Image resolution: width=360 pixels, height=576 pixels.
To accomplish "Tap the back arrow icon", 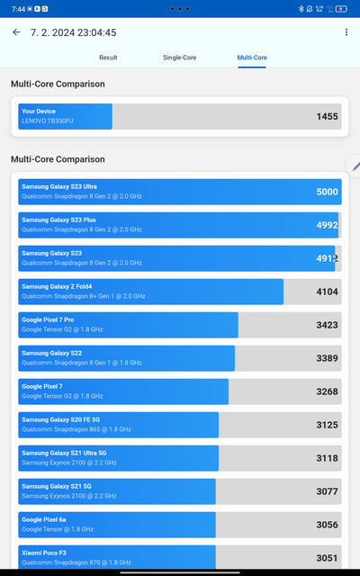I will (16, 32).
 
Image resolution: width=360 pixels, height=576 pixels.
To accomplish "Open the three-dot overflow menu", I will (346, 32).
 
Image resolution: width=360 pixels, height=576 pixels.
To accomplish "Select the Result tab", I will (108, 58).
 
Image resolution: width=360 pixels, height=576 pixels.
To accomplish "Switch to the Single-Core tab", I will (180, 58).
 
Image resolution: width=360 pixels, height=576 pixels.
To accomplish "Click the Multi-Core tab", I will (252, 58).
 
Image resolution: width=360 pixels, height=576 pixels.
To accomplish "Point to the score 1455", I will (327, 117).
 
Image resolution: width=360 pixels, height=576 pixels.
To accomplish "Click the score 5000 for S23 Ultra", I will (327, 192).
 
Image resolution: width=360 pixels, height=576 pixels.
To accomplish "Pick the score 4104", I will (327, 292).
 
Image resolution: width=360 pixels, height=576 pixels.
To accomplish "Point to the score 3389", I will (327, 358).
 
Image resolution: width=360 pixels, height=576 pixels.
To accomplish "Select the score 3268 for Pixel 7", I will (327, 391).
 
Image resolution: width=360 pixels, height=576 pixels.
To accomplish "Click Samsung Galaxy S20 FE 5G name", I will (61, 419).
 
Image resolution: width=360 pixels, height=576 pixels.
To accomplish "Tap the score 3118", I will (327, 458).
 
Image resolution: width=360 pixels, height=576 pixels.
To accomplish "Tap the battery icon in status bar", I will (340, 8).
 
